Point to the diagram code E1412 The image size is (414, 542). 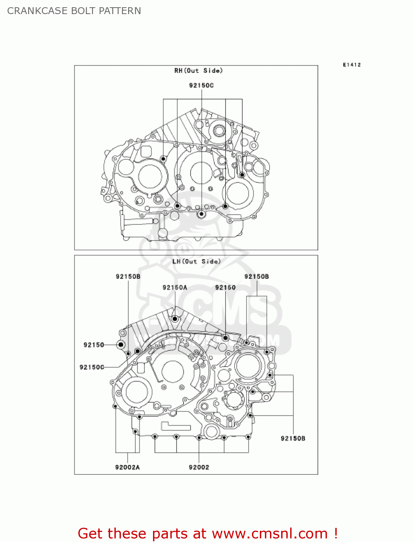click(x=352, y=65)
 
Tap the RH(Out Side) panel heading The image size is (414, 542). click(x=198, y=70)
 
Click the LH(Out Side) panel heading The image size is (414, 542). click(x=196, y=261)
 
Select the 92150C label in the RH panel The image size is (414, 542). click(x=201, y=85)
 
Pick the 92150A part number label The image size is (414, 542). click(x=175, y=287)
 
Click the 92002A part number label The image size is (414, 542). click(x=127, y=467)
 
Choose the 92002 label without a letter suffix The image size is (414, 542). click(x=199, y=467)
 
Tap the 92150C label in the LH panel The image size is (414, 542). click(x=92, y=367)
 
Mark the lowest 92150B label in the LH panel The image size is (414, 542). click(x=293, y=438)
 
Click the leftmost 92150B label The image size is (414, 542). click(x=128, y=276)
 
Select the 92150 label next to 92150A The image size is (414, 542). click(x=225, y=287)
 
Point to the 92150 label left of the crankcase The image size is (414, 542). click(x=93, y=345)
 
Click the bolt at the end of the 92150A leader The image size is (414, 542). click(x=175, y=319)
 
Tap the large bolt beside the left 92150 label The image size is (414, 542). click(x=121, y=345)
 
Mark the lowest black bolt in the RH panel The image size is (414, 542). click(x=201, y=214)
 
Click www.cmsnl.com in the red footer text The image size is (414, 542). click(x=269, y=534)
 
